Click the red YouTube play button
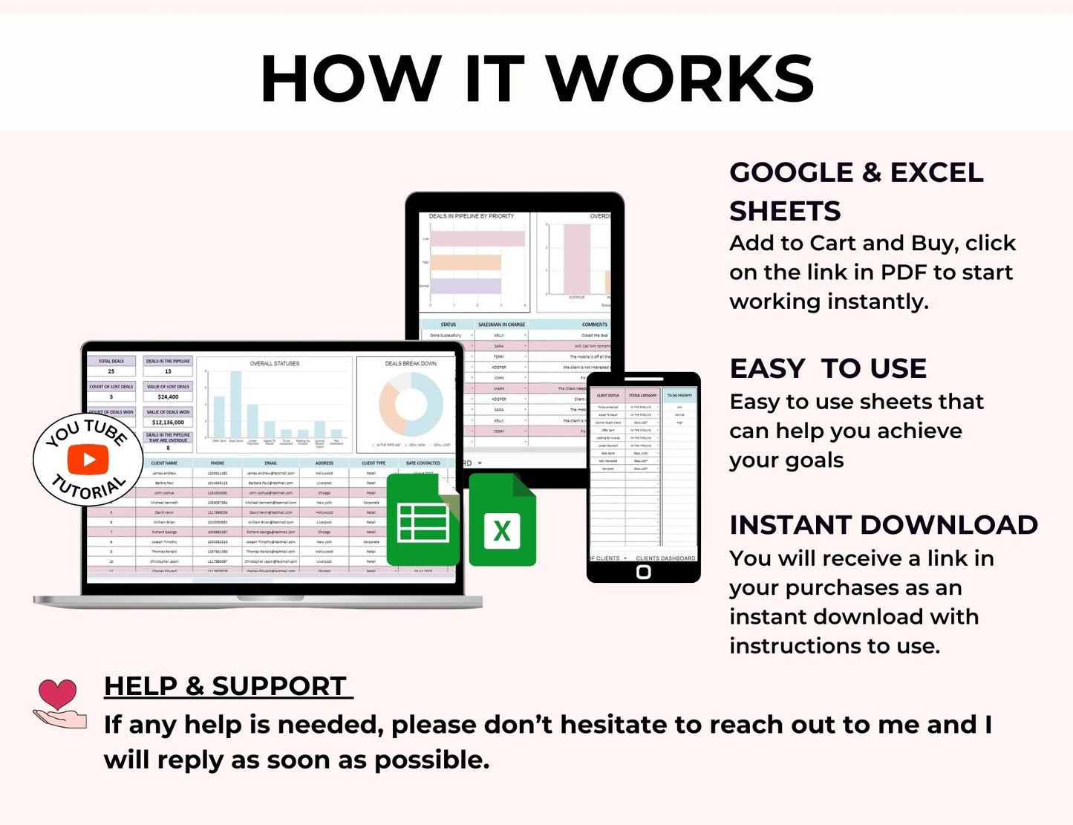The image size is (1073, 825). (x=88, y=460)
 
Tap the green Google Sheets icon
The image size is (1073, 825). (x=423, y=523)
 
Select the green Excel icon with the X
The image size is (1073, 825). (x=502, y=523)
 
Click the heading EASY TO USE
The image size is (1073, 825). (x=827, y=368)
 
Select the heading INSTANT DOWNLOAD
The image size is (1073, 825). (x=883, y=525)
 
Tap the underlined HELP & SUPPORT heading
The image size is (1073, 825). (x=226, y=686)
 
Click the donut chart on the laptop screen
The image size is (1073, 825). (x=411, y=405)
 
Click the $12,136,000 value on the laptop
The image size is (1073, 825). (x=168, y=423)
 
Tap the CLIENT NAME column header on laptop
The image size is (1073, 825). (x=164, y=463)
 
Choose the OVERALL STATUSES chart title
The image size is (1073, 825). (x=275, y=364)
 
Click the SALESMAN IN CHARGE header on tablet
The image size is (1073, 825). (x=501, y=325)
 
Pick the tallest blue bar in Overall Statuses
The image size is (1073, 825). (x=236, y=404)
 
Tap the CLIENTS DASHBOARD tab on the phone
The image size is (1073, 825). (x=665, y=558)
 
